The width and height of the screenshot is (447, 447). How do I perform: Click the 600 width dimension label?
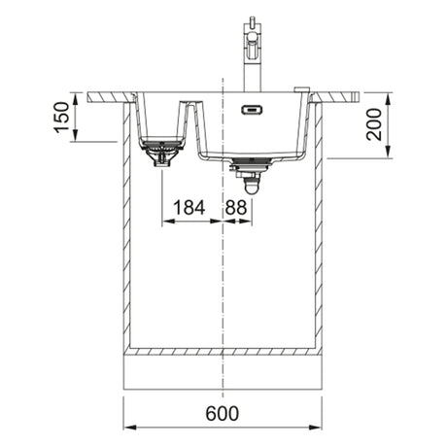tap(223, 413)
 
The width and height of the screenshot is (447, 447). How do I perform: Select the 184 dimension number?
tap(189, 207)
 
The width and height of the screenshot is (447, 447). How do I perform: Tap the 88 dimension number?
tap(236, 207)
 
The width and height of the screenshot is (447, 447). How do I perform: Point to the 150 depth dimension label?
tap(61, 117)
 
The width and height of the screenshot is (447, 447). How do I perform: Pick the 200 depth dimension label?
tap(374, 124)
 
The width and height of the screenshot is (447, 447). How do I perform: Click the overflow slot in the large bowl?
tap(252, 110)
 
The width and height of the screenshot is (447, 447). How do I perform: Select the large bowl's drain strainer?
tap(250, 163)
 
